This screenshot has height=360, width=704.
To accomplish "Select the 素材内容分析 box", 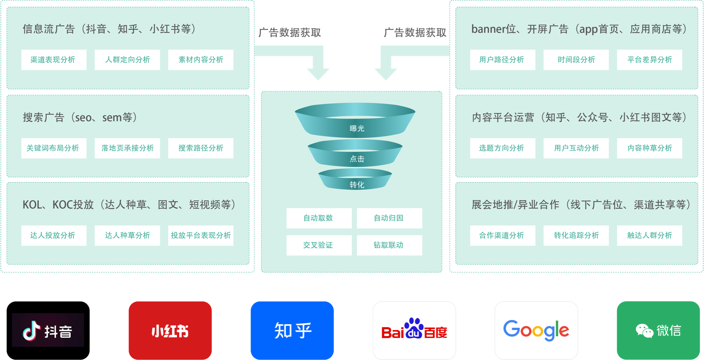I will (201, 60).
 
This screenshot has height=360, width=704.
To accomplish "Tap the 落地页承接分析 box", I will (127, 148).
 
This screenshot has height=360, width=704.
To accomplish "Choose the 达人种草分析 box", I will (127, 235).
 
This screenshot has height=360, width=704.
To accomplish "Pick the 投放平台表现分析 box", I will (201, 235).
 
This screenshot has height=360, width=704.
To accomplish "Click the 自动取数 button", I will (319, 218).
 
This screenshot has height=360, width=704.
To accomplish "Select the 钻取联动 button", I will (389, 245).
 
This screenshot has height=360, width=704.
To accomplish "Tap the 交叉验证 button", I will (319, 245).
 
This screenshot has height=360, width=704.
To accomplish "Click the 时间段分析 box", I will (576, 60).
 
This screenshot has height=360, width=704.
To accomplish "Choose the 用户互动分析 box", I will (576, 148).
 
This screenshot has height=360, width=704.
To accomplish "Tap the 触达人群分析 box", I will (649, 235).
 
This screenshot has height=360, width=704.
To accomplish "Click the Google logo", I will (536, 330).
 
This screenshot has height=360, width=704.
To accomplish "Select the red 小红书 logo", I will (170, 330).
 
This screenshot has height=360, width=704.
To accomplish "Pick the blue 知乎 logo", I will (292, 330).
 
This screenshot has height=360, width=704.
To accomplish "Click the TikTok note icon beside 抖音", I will (31, 331).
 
